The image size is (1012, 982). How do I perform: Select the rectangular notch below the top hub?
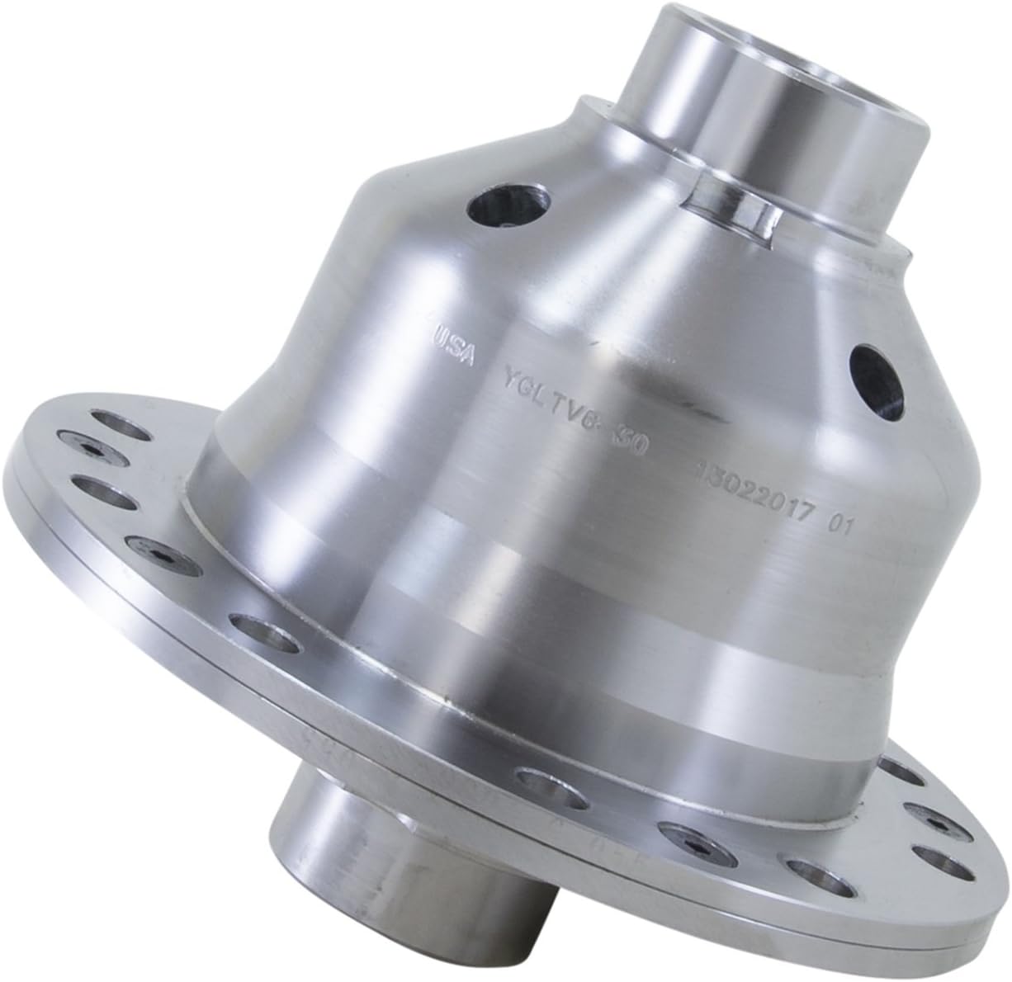(733, 201)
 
